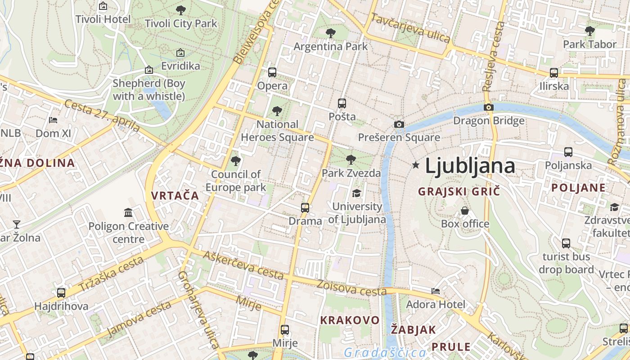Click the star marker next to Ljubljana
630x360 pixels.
416,166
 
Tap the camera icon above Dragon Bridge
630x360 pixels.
488,107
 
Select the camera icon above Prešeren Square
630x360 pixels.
399,124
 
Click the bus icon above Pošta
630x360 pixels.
342,103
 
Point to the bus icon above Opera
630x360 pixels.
272,72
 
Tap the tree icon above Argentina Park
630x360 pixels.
330,33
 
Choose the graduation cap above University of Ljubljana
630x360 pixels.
356,193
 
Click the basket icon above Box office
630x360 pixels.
465,210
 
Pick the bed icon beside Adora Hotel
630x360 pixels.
435,291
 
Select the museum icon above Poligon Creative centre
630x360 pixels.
128,212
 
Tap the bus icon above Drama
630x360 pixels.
305,207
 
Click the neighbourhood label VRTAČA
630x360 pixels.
175,195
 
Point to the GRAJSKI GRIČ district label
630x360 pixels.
459,191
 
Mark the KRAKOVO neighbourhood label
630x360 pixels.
350,320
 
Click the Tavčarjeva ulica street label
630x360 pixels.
410,28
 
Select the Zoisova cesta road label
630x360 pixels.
351,288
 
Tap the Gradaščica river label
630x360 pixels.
385,352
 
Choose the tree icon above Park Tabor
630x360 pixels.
589,31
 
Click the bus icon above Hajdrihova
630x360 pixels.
61,293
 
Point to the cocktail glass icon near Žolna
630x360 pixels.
17,224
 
